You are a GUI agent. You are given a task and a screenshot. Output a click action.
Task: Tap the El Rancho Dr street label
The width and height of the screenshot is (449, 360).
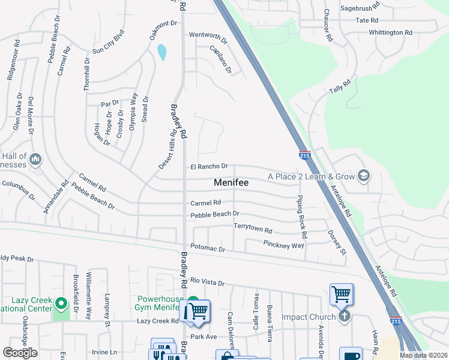209,166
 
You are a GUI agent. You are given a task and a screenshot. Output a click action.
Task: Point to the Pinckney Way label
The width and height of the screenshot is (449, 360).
284,244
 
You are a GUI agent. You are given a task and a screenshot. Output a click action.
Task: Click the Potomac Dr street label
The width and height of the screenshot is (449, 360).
208,248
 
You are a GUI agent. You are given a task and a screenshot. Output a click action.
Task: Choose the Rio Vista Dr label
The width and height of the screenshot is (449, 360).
207,282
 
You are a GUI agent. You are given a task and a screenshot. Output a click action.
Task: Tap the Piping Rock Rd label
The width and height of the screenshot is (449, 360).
301,216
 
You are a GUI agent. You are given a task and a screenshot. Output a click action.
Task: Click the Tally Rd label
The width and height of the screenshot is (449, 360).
339,88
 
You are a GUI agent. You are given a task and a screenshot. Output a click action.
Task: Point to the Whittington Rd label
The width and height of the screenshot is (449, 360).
391,32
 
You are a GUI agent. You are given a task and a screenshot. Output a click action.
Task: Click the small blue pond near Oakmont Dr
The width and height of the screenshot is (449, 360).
162,52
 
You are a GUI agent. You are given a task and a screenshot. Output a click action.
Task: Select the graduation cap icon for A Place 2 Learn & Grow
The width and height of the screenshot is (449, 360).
363,176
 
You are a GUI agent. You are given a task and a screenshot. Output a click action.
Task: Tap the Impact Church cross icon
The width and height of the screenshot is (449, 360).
344,316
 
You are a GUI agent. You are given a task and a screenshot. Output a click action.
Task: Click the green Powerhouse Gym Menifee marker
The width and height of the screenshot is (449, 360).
193,302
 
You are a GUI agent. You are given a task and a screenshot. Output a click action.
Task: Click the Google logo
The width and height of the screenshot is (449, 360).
20,353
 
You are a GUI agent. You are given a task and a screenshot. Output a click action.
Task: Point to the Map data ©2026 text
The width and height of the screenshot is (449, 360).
423,355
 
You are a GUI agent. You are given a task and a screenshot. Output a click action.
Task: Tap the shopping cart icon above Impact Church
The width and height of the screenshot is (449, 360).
341,294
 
